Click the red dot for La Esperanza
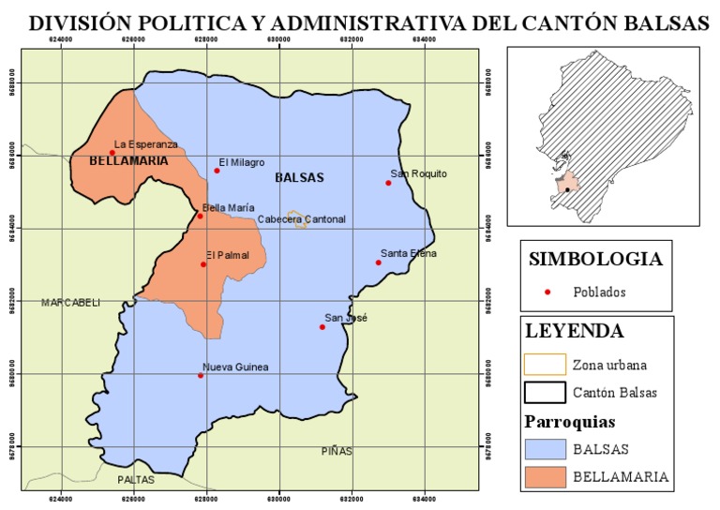[x=112, y=153]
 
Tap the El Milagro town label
[x=242, y=162]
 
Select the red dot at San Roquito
[x=388, y=183]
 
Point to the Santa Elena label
[x=409, y=253]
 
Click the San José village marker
[x=322, y=327]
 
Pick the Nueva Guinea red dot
[x=201, y=376]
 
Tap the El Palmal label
[x=226, y=253]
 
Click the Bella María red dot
[x=200, y=217]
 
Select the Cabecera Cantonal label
[x=302, y=219]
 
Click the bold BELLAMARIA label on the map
[x=128, y=161]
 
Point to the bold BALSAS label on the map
[x=299, y=177]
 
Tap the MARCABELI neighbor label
[x=70, y=302]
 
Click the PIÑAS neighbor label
[x=337, y=451]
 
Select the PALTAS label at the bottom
[x=136, y=480]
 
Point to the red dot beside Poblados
[x=549, y=292]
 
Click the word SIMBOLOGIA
[x=595, y=260]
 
